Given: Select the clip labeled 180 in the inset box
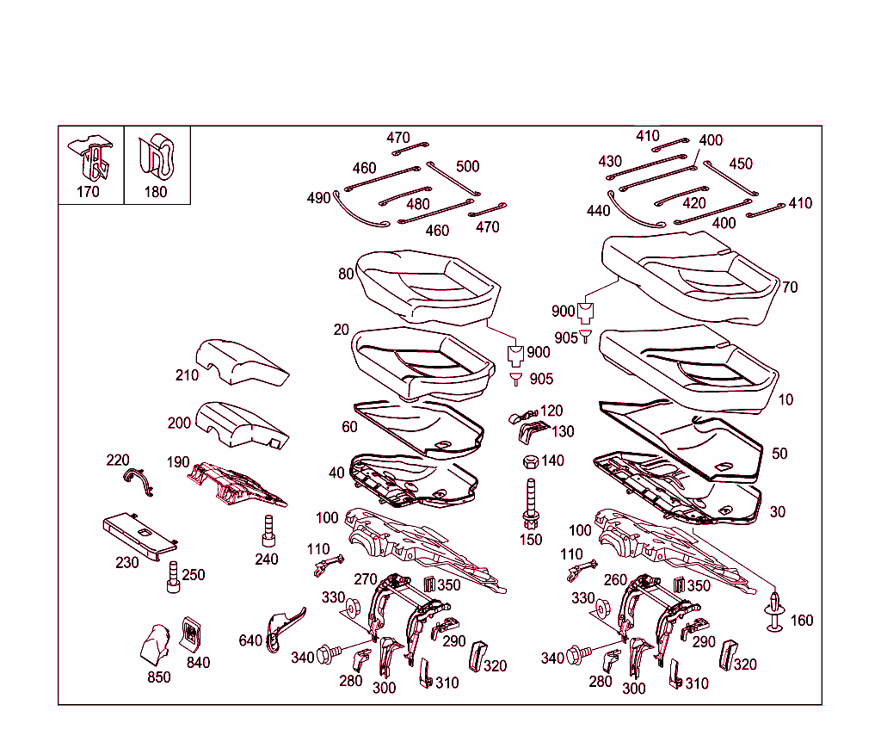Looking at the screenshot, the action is pos(157,156).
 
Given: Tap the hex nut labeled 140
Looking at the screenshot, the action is pos(530,462).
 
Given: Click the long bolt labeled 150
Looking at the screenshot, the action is pos(531,504).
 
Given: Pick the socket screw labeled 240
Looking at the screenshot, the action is pos(268,531).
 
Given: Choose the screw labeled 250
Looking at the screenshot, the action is pos(174,578).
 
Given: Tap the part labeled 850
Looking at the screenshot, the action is pos(156,645).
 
